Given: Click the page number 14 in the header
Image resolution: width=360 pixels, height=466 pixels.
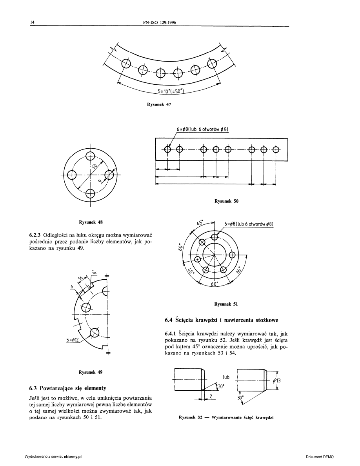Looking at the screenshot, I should tap(32, 22).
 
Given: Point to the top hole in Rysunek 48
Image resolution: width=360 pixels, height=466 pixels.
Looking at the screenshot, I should tap(90, 156).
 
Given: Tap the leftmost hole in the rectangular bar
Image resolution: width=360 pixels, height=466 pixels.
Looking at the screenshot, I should tap(168, 149).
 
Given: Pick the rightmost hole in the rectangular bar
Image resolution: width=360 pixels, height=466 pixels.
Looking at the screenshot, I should tap(276, 149).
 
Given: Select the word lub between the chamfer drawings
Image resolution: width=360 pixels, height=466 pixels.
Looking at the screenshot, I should tap(226, 377).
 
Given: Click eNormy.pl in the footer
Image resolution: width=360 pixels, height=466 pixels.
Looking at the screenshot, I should tap(73, 457).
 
